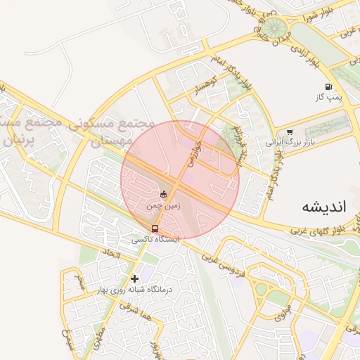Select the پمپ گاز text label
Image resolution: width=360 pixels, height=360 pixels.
click(328, 98)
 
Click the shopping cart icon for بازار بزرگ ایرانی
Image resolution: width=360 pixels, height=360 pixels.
click(290, 131)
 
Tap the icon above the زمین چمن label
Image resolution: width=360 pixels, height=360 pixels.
click(164, 194)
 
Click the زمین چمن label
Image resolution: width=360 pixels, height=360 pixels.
click(164, 206)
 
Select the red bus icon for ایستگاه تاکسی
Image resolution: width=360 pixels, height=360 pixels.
click(155, 229)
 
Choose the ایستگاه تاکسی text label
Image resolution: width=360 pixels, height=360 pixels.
click(155, 240)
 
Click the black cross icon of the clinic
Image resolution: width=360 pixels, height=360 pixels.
click(134, 278)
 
